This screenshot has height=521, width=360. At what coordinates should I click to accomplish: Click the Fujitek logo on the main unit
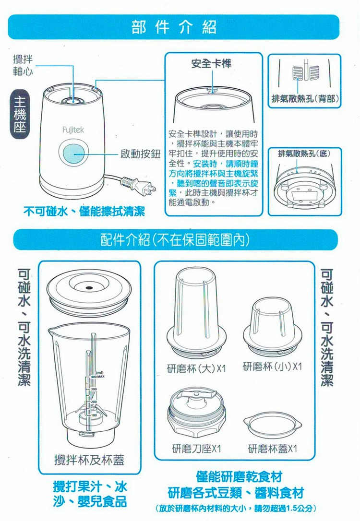73,130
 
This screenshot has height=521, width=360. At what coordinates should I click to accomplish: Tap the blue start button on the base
74,154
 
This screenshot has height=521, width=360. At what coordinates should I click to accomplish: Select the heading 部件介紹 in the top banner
174,27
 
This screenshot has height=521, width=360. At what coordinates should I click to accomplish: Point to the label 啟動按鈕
140,154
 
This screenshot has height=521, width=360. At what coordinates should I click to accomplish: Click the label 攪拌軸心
23,65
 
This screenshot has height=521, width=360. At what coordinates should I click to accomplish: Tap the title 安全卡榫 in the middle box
211,63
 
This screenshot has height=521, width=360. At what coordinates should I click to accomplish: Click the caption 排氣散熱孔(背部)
305,98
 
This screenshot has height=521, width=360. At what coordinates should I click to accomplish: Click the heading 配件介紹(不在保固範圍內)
175,239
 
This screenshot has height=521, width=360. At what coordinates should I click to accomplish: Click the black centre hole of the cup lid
89,287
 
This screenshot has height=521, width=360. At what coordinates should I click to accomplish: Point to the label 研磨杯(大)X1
196,368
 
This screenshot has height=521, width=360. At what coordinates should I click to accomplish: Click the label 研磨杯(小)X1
272,366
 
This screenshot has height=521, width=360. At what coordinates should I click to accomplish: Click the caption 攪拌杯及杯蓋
89,460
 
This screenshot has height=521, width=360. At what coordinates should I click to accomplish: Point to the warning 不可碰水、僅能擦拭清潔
84,211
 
